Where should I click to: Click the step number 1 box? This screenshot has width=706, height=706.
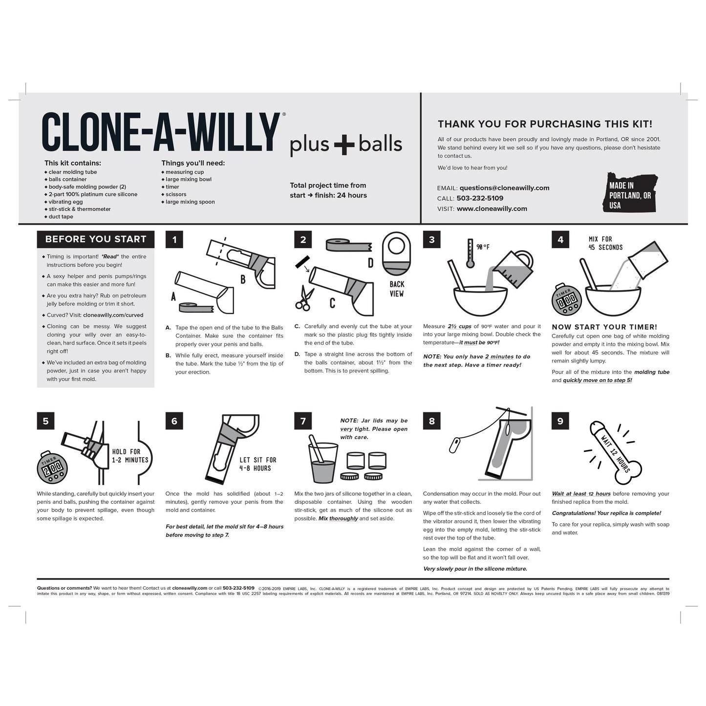pos(174,239)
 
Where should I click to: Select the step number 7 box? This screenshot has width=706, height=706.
pos(303,421)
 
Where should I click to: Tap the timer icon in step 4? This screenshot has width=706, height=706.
pos(566,300)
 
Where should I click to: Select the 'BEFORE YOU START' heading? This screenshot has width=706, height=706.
pos(96,239)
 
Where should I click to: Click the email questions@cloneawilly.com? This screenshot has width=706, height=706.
pos(504,188)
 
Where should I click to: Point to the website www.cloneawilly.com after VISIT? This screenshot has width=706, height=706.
pos(492,209)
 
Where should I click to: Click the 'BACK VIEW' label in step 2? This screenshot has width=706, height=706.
pos(397,289)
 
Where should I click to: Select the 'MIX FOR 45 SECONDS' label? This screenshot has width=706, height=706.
pos(605,243)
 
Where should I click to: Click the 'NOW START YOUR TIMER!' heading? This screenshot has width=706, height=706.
pos(604,327)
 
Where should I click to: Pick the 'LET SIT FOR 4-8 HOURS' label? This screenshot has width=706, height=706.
pos(257,464)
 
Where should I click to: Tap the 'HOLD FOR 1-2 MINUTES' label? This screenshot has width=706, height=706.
pos(130,456)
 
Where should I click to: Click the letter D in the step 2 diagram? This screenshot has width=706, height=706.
pos(370,263)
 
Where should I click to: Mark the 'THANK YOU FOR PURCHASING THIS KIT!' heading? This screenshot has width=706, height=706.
pos(545,124)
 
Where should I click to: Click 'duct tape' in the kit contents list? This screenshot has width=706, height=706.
pos(61,216)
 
